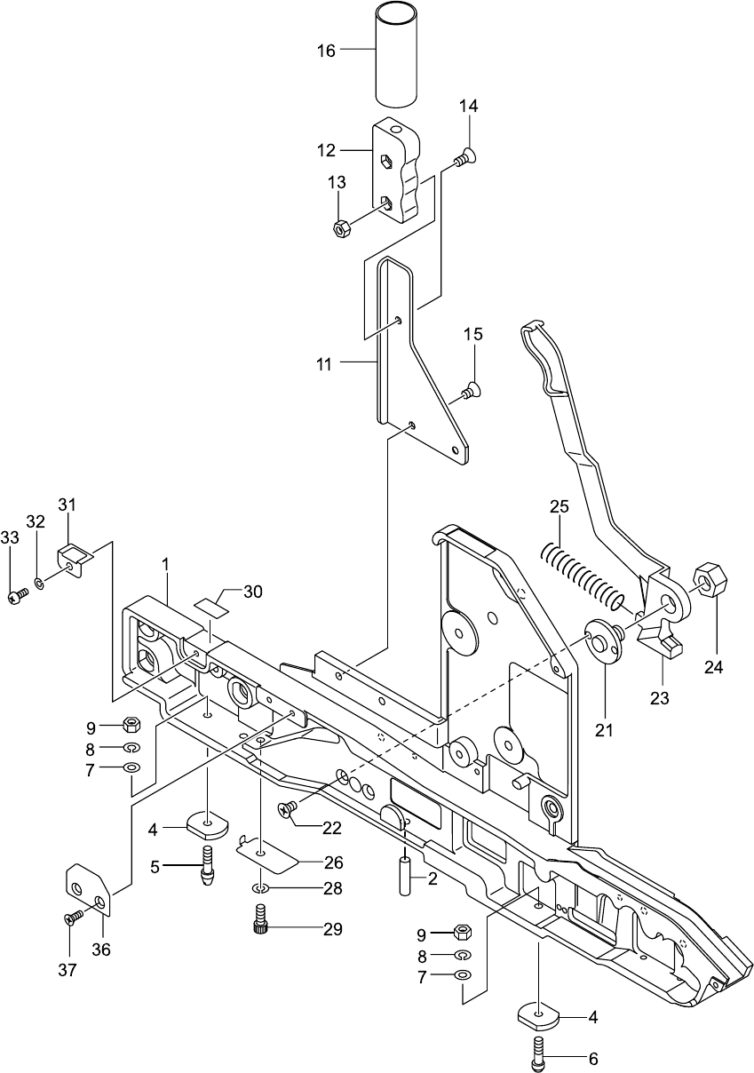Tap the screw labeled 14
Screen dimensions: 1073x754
pos(463,159)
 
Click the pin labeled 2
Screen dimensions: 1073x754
pos(405,875)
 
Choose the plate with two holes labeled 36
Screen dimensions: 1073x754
pos(89,890)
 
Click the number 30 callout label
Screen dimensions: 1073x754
pos(253,592)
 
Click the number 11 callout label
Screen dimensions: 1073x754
pos(322,363)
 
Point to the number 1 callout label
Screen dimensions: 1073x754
pos(165,564)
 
